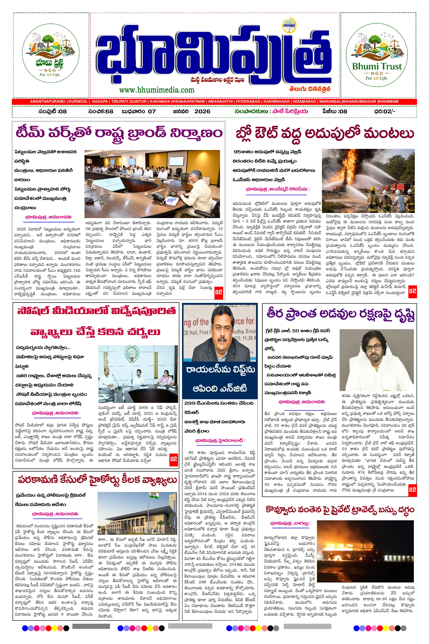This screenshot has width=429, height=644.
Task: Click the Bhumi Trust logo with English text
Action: pyautogui.click(x=377, y=55)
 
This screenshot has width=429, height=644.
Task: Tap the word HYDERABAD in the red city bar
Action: pyautogui.click(x=248, y=101)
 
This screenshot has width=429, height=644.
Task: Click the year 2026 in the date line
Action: pyautogui.click(x=203, y=111)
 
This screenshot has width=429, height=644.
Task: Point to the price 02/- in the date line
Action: pyautogui.click(x=389, y=111)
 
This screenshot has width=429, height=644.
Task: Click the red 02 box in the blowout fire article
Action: pyautogui.click(x=412, y=291)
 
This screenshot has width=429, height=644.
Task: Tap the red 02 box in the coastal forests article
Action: pyautogui.click(x=412, y=489)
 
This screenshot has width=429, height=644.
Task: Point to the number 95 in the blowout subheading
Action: pyautogui.click(x=237, y=152)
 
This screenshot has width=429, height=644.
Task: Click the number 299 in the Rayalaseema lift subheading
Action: pyautogui.click(x=190, y=403)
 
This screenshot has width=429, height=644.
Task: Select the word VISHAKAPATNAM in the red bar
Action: pyautogui.click(x=188, y=101)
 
